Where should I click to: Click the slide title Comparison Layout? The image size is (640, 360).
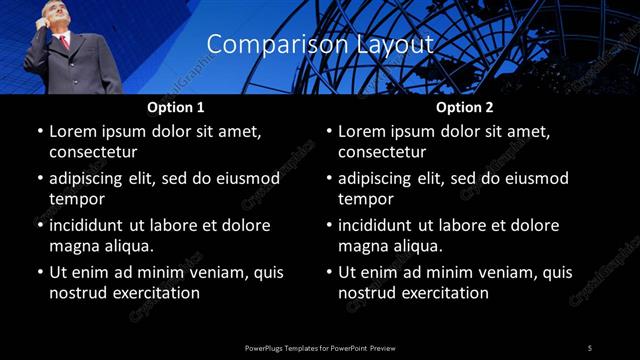[x=320, y=45]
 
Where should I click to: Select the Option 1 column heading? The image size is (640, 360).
[x=176, y=107]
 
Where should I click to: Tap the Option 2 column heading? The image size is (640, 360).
[x=465, y=107]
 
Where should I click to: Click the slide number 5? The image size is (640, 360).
[x=590, y=347]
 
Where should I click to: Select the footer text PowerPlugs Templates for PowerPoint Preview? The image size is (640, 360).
[x=320, y=347]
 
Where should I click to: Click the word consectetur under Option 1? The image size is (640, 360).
[x=93, y=152]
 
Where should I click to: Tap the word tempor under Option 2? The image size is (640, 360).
[x=367, y=199]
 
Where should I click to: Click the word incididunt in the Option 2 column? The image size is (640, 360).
[x=380, y=226]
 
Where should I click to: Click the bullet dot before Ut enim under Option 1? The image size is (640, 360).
[x=39, y=272]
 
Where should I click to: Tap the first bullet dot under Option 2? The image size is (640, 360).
[x=328, y=132]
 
